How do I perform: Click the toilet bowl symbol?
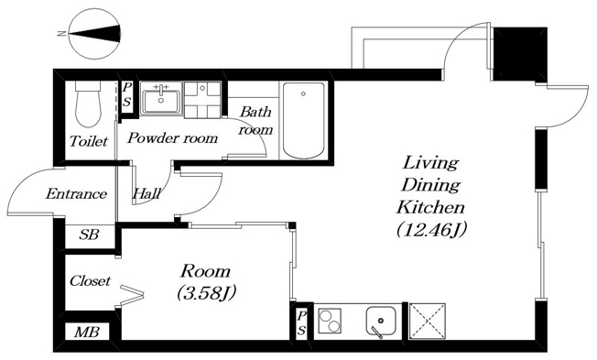click(88, 103)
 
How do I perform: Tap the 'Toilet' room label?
click(89, 142)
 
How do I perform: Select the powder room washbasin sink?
click(161, 98)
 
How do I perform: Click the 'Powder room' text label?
click(172, 138)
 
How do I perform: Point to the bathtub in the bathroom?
click(303, 120)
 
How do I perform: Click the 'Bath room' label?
click(255, 121)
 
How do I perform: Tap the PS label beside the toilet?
click(126, 95)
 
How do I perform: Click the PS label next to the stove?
click(301, 323)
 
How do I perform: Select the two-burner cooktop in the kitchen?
click(330, 322)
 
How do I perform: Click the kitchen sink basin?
click(382, 322)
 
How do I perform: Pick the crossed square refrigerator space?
click(428, 322)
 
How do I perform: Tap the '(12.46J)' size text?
click(431, 230)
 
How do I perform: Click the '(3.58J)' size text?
click(206, 293)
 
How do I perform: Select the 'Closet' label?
click(90, 281)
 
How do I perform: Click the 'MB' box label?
click(87, 333)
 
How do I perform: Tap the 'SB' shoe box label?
click(89, 235)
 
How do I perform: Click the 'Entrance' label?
click(76, 194)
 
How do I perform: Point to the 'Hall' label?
click(147, 194)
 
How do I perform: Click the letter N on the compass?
click(61, 34)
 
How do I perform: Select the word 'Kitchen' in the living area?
click(430, 208)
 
